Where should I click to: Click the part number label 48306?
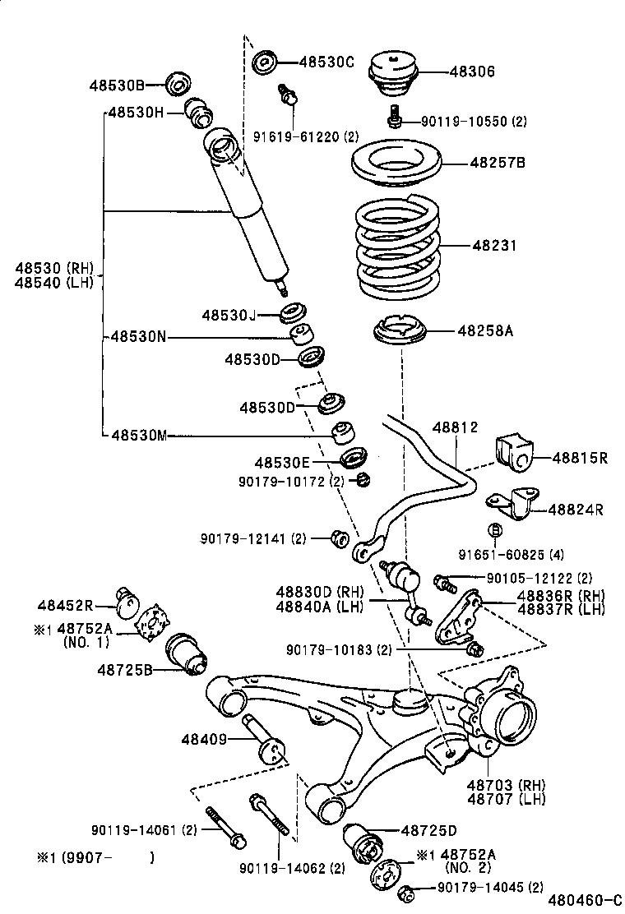click(472, 72)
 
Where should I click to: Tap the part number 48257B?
click(497, 162)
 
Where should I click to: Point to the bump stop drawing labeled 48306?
click(393, 72)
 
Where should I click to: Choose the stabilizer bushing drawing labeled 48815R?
click(515, 455)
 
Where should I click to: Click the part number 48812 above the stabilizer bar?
click(455, 427)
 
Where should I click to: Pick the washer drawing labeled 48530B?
click(178, 84)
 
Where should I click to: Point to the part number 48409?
click(204, 739)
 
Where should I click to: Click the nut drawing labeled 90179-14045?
click(405, 891)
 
